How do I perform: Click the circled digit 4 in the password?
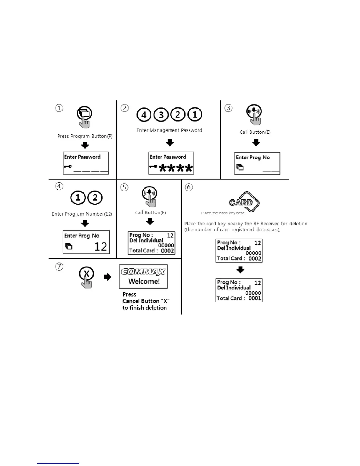(144, 114)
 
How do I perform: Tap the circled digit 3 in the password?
(161, 114)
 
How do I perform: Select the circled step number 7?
(59, 267)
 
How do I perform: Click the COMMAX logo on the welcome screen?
(143, 271)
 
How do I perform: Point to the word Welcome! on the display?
(144, 281)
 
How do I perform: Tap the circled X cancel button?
(86, 274)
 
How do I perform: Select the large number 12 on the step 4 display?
(100, 247)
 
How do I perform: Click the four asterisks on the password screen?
(176, 168)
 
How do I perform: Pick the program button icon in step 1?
(84, 113)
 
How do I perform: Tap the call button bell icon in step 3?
(254, 111)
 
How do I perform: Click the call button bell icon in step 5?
(149, 193)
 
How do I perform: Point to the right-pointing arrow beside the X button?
(108, 277)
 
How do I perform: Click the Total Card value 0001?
(255, 298)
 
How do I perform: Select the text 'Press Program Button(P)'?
(85, 136)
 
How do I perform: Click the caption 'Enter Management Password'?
(169, 130)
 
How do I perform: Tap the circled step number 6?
(189, 187)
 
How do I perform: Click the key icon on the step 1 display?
(68, 167)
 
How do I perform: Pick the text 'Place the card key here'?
(222, 213)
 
